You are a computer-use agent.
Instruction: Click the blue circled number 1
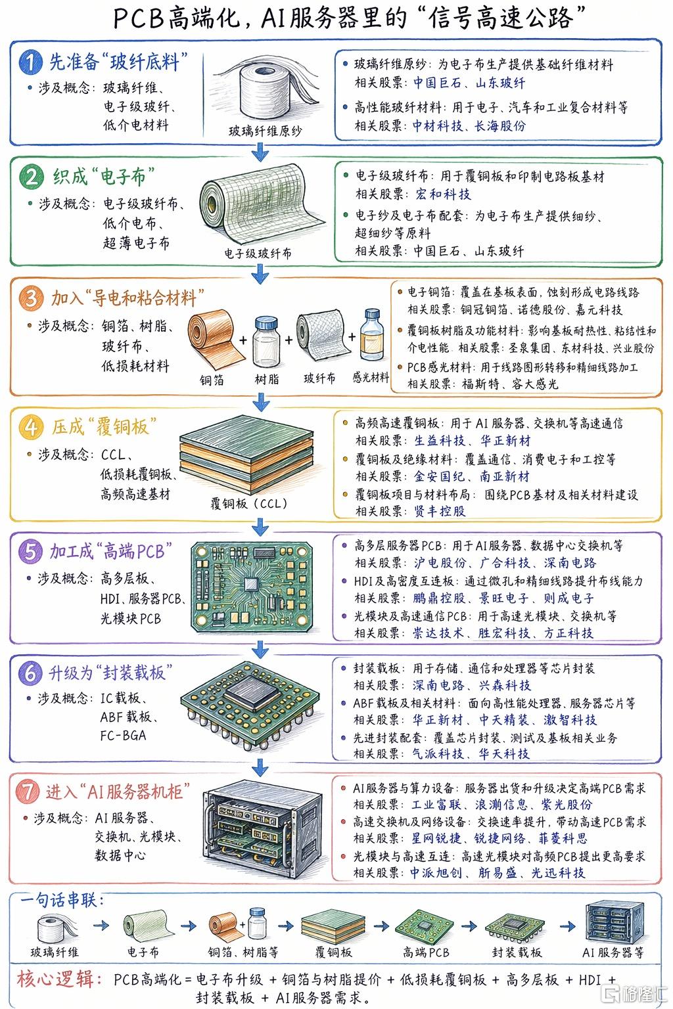pos(31,62)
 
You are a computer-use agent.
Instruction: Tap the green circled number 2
pos(31,177)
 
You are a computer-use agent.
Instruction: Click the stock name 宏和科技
pos(443,194)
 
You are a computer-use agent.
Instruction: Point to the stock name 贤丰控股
pos(440,511)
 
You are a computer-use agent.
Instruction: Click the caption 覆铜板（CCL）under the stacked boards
pos(249,503)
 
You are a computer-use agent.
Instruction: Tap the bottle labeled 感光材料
pos(372,336)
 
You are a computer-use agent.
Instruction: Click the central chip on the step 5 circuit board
pos(251,584)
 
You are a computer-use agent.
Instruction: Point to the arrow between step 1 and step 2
pos(260,152)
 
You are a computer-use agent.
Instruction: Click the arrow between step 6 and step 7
pos(260,767)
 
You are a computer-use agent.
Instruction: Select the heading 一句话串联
pos(62,900)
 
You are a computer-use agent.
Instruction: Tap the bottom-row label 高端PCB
pos(426,953)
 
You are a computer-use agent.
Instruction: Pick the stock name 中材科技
pos(438,125)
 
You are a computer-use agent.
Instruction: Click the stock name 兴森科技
pos(505,685)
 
